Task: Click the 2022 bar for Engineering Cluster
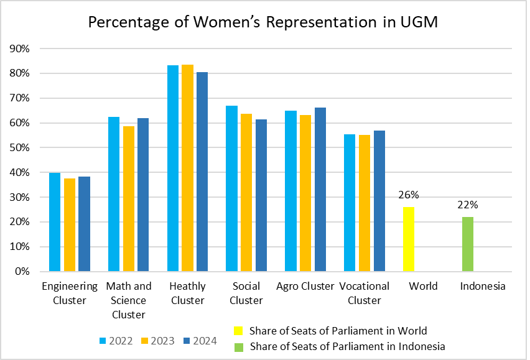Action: tap(55, 222)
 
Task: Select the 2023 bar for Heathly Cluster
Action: tap(187, 168)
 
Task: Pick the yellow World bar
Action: tap(409, 239)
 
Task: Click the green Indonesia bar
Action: tap(468, 244)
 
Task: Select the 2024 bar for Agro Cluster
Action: tap(320, 190)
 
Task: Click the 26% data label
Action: tap(409, 195)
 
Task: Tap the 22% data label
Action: tap(468, 205)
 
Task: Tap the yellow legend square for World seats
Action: tap(238, 331)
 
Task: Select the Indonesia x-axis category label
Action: tap(483, 287)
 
